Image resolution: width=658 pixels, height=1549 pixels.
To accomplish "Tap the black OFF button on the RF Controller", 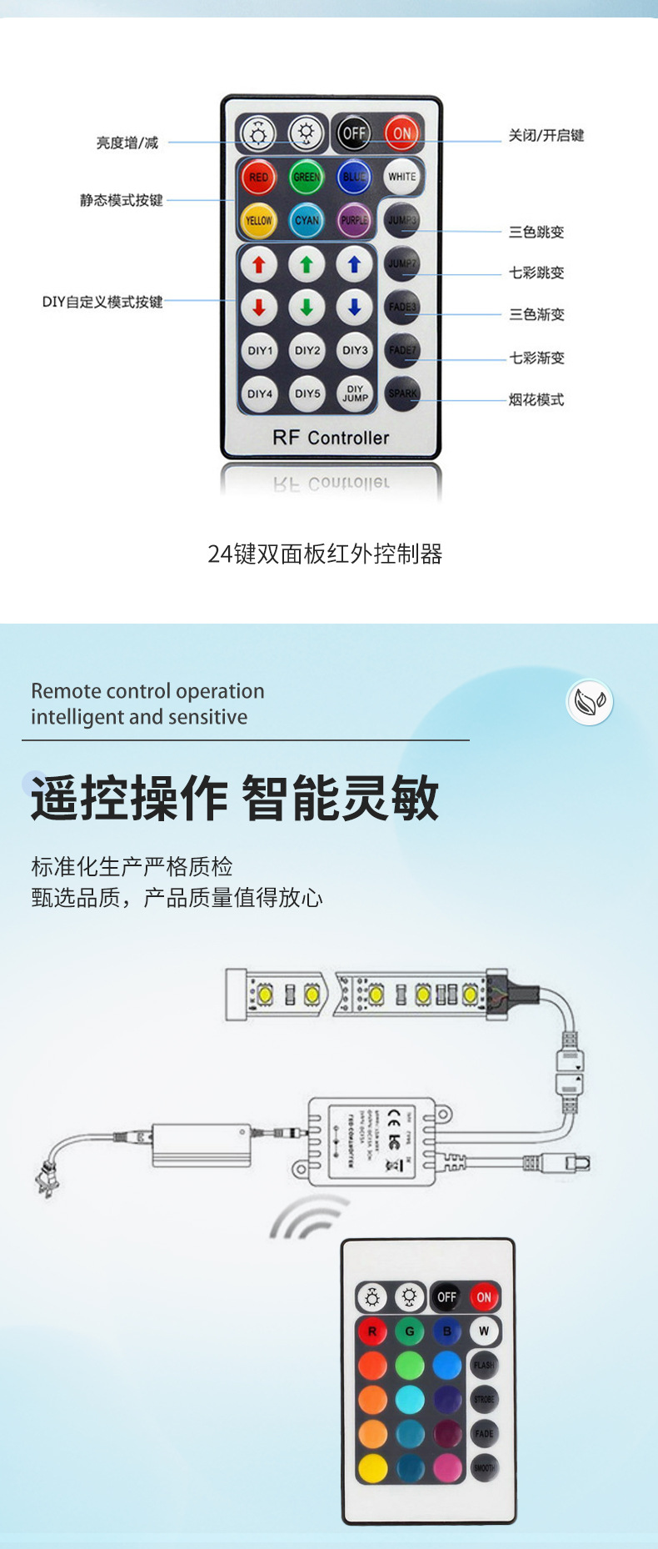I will pos(354,133).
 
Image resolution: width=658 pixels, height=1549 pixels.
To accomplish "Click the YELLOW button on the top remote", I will pos(258,220).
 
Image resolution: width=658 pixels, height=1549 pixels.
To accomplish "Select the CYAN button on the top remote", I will pos(307,220).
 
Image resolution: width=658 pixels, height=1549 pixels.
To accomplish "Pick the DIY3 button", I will pos(355,350).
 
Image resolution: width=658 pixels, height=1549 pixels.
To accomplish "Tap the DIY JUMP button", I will pos(355,394).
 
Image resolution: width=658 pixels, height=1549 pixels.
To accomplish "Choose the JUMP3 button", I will pos(402,220).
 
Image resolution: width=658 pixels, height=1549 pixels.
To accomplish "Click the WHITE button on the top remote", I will pos(402,177).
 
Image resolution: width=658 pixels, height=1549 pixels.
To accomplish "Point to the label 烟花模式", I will pos(536,400).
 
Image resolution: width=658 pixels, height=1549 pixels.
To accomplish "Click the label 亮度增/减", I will pos(127,143).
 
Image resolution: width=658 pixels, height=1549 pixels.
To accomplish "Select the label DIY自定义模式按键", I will pos(102,302).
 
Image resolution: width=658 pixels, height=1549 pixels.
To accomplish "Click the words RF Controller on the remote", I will pos(331,438).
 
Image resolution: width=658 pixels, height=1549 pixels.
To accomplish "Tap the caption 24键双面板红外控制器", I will pos(325,554).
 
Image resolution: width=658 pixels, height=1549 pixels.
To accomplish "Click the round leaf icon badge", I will pos(590,701).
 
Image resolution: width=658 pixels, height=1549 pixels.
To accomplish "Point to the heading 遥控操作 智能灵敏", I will pos(235,798).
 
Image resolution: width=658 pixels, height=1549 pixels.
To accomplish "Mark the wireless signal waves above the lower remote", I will pos(307,1218).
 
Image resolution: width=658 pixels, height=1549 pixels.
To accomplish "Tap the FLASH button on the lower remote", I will pos(484,1365).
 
